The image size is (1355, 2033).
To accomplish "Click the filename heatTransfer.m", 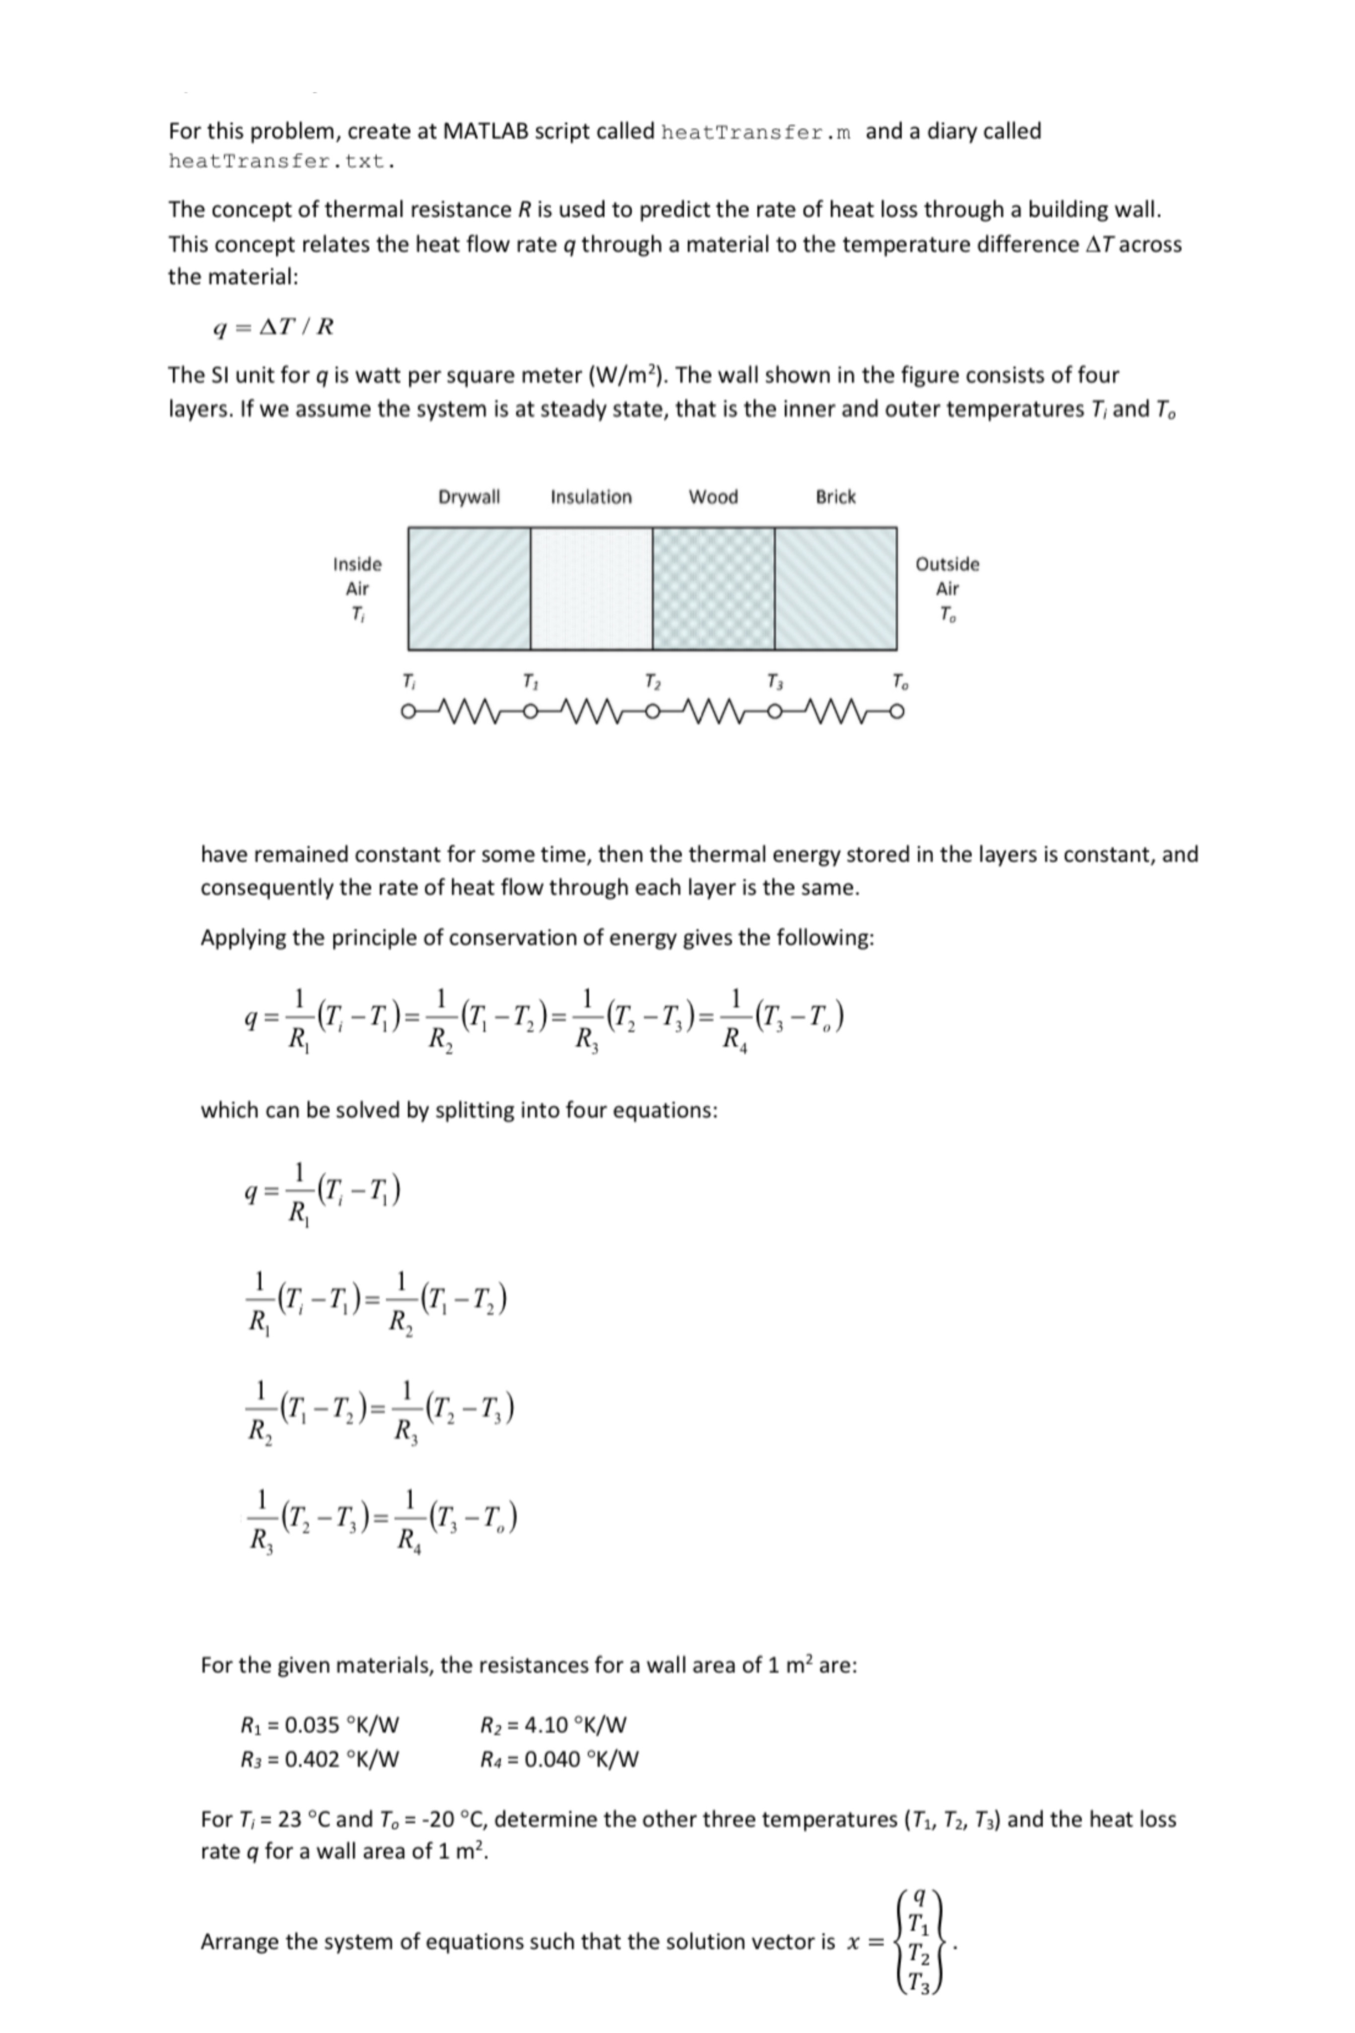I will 755,132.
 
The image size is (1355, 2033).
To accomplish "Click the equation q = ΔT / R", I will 273,327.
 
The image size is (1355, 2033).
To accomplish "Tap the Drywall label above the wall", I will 469,497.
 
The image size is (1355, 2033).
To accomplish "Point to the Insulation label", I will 591,497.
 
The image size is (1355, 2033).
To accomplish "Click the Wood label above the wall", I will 713,497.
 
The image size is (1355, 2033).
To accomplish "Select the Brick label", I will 836,497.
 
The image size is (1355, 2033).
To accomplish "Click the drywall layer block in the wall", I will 469,588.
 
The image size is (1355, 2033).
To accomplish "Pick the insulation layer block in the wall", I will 591,588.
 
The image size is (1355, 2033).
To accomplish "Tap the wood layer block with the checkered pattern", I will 713,588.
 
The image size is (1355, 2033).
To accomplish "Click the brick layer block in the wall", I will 836,588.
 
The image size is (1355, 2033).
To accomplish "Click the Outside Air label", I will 947,588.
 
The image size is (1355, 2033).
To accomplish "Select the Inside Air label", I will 357,588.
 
